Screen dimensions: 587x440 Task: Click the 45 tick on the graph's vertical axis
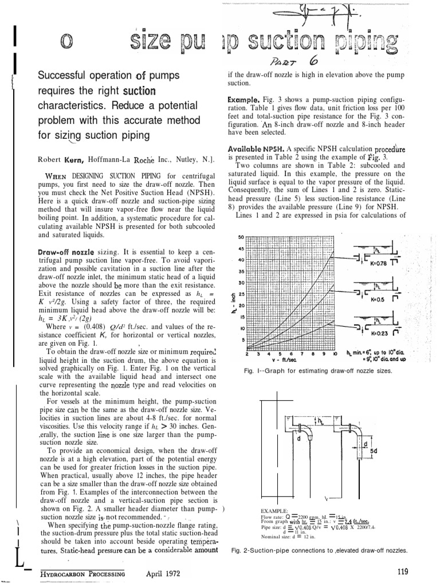[x=241, y=248]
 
